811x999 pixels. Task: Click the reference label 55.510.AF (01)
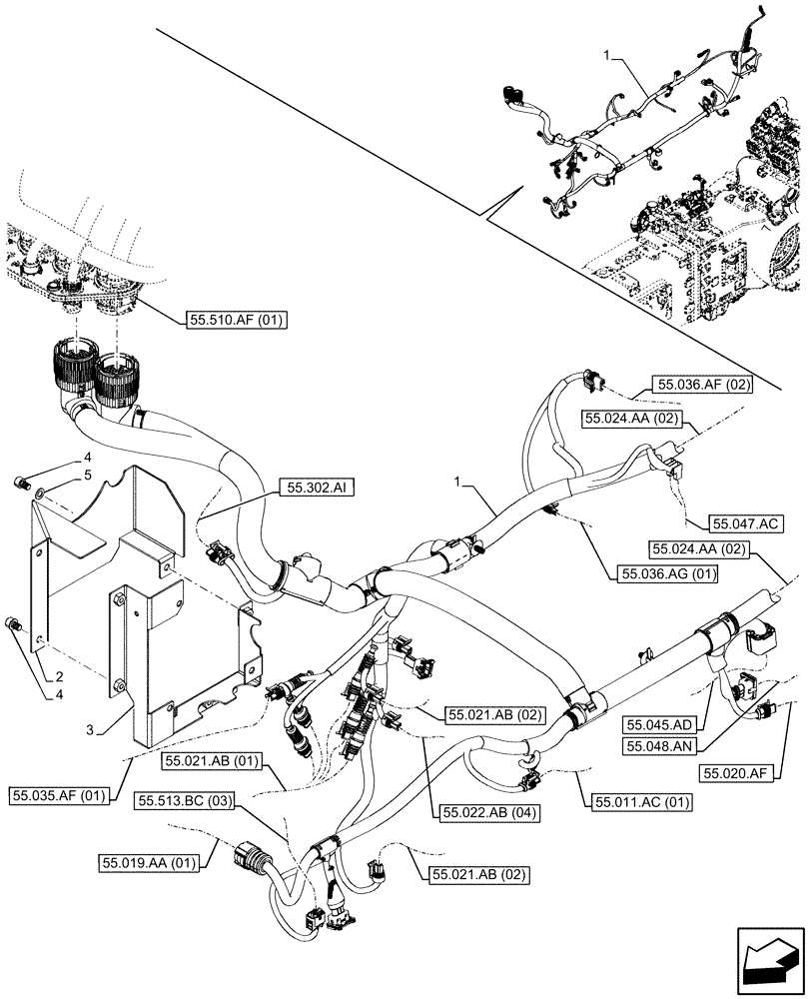click(236, 321)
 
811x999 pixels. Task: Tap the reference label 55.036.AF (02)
click(702, 383)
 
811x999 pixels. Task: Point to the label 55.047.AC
click(746, 522)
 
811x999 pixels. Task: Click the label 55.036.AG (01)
click(660, 573)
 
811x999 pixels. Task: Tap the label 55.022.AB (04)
click(486, 812)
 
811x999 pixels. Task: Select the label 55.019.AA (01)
click(148, 860)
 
